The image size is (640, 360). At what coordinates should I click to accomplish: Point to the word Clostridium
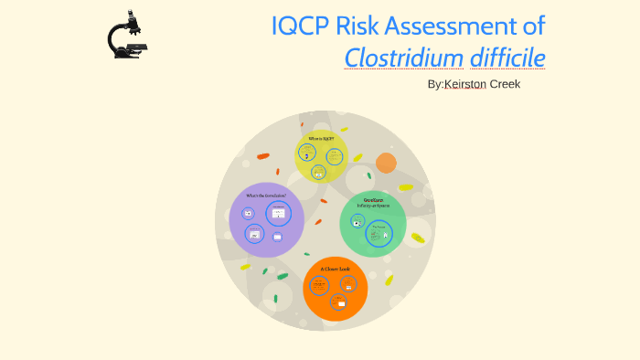[403, 58]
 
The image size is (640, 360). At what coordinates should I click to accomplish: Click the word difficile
[507, 58]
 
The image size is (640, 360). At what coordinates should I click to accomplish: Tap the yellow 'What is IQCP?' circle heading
[321, 139]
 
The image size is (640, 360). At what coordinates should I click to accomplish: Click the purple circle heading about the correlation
[265, 196]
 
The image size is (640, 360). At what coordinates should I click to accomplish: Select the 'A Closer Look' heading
[335, 269]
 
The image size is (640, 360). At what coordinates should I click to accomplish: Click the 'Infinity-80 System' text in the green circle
[372, 205]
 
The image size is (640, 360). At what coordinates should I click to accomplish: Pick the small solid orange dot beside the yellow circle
[386, 163]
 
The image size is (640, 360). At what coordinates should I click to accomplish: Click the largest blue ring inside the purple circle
[278, 214]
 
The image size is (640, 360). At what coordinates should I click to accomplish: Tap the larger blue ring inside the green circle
[379, 234]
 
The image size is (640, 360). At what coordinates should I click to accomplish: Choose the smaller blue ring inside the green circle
[357, 221]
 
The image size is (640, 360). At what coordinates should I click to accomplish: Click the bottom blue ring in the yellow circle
[318, 171]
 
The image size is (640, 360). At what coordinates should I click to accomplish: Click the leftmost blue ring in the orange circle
[319, 285]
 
